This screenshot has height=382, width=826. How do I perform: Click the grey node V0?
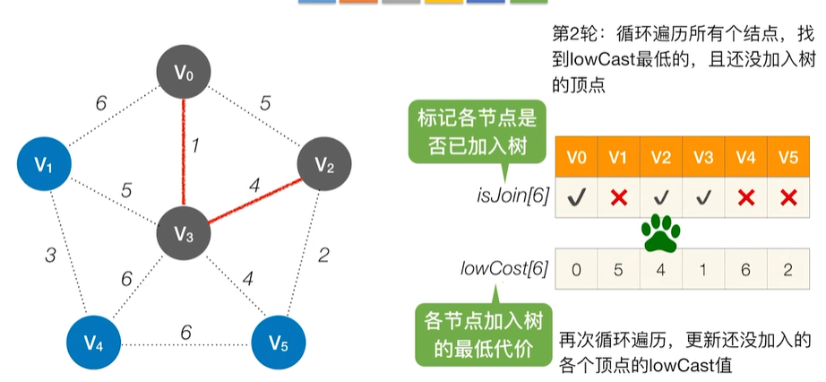[x=184, y=74]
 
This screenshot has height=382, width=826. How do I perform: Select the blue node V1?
[x=43, y=165]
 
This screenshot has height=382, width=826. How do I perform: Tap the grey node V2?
[x=324, y=164]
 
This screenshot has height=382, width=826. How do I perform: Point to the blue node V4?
[x=93, y=343]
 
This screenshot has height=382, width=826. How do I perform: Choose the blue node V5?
[x=278, y=343]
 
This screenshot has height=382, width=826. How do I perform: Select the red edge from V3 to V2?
[x=255, y=201]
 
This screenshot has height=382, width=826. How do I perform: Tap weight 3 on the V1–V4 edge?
[x=50, y=256]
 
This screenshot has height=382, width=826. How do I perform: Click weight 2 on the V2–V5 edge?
[x=324, y=256]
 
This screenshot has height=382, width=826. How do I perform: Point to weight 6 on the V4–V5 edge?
[x=185, y=333]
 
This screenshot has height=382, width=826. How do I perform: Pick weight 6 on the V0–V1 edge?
[x=101, y=104]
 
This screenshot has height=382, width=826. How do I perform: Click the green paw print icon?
[x=660, y=232]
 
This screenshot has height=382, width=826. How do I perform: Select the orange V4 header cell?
[x=745, y=157]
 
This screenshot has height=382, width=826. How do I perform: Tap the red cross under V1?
[x=619, y=198]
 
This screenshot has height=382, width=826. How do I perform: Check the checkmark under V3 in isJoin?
[x=703, y=198]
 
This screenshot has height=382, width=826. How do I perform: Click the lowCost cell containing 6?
[x=745, y=269]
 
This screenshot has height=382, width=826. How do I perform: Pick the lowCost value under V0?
[x=577, y=270]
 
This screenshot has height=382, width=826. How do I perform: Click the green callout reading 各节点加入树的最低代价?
[x=483, y=334]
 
